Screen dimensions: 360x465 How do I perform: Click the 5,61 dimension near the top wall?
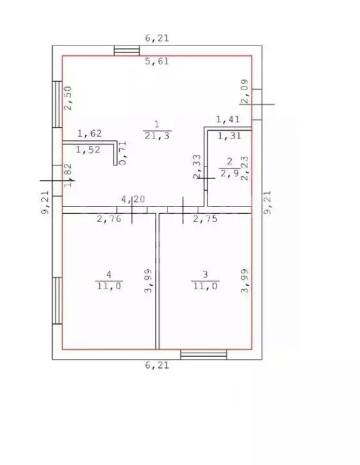(157, 61)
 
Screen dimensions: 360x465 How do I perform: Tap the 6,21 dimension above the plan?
(157, 38)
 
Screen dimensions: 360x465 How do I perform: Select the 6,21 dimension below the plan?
(157, 364)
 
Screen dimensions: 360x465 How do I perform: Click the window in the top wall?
(127, 50)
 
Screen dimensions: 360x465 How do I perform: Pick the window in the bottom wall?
(203, 354)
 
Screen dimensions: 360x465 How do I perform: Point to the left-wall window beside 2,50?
(57, 104)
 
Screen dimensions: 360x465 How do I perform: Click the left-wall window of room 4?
(57, 301)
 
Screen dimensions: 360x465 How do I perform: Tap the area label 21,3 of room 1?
(157, 136)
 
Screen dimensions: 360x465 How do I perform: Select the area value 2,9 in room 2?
(229, 173)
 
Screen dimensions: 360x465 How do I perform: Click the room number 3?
(205, 274)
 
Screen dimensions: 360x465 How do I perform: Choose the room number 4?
(109, 274)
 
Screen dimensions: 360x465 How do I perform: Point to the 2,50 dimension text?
(68, 98)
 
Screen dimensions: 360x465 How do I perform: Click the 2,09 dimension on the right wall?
(245, 91)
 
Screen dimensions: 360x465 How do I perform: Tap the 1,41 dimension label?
(227, 119)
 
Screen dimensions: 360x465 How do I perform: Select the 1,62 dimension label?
(90, 133)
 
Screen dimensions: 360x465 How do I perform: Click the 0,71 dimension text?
(122, 153)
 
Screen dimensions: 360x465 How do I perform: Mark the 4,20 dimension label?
(133, 199)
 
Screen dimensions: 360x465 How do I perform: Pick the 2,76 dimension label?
(109, 219)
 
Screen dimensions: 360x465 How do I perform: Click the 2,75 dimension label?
(205, 219)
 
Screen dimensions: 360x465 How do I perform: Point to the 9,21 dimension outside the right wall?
(267, 202)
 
